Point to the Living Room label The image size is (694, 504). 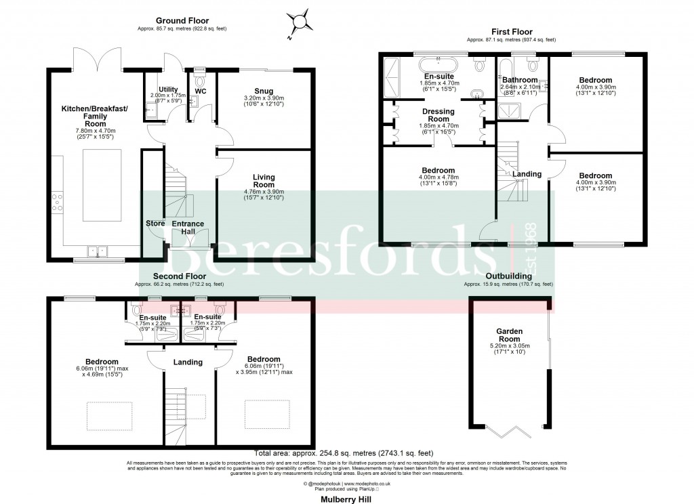tap(258, 180)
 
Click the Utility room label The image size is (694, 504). tap(167, 89)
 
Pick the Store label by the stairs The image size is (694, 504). tap(155, 224)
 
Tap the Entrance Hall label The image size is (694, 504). tap(188, 224)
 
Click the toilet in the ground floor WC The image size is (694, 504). tap(199, 81)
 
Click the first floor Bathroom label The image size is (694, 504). tap(520, 80)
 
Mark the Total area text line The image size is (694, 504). tap(344, 453)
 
